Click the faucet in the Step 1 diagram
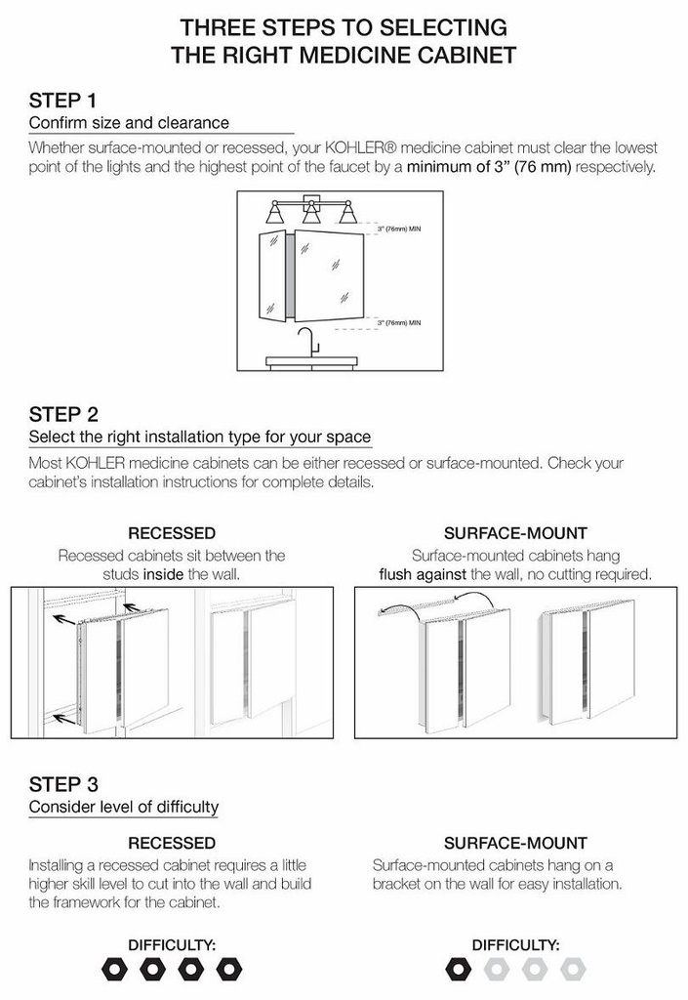[x=308, y=343]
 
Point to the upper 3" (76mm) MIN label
[x=398, y=228]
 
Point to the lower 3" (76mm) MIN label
[x=398, y=320]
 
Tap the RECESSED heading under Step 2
[x=172, y=533]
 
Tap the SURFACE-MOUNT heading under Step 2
[x=515, y=533]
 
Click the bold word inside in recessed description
[x=164, y=574]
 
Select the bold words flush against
[x=423, y=574]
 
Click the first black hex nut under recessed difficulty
[x=113, y=969]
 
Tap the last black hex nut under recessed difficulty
[x=229, y=969]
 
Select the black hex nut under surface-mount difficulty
[x=457, y=969]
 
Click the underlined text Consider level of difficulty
[x=124, y=807]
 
